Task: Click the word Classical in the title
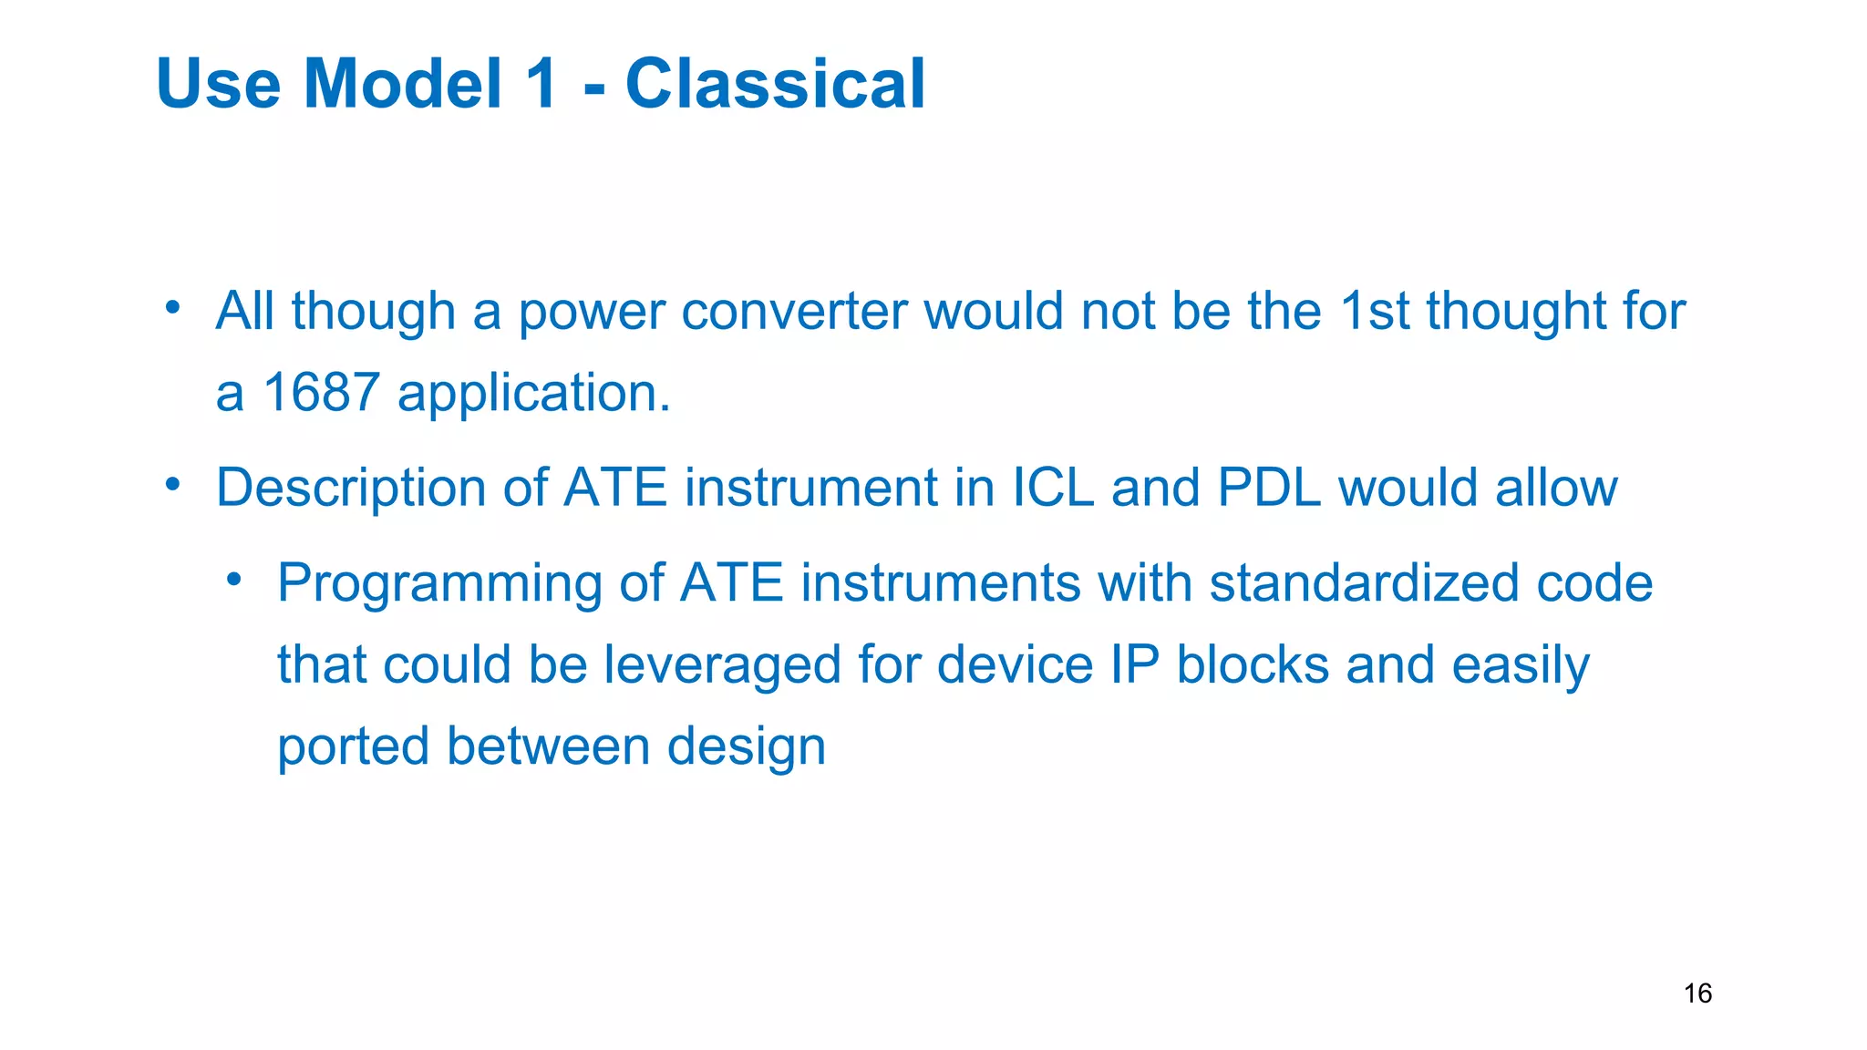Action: point(775,84)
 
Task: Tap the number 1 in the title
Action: point(542,84)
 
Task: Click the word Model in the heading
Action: point(403,84)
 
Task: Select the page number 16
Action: point(1697,993)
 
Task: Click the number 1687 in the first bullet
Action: point(321,393)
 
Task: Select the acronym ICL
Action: point(1053,488)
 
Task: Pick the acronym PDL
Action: point(1268,488)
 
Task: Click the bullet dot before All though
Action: point(173,308)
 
